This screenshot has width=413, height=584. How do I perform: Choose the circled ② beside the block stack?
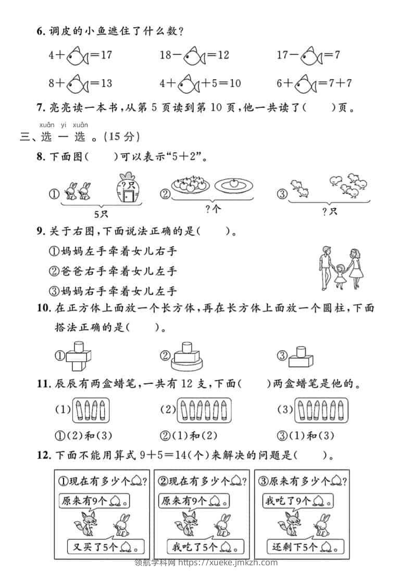click(x=165, y=356)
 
